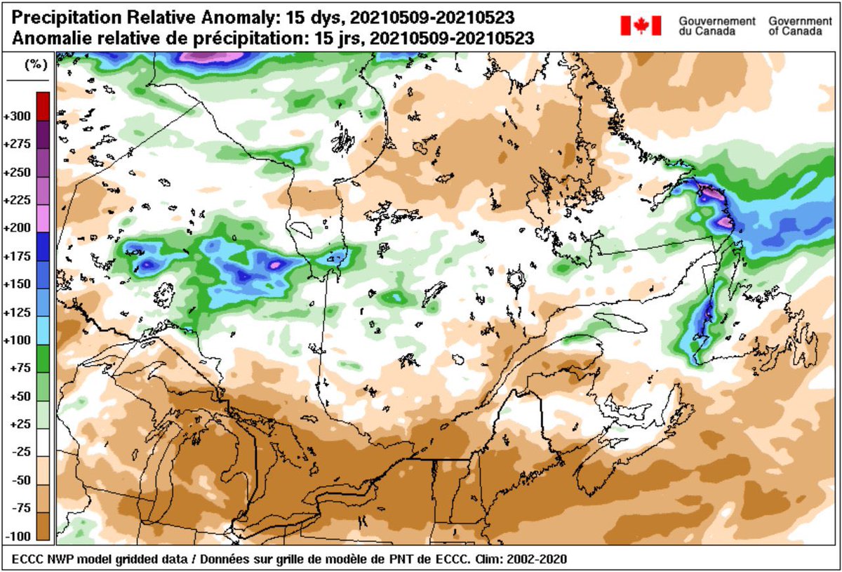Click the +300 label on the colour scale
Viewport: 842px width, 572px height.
point(19,116)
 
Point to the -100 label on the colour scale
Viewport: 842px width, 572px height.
point(19,536)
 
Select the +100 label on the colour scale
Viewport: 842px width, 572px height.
point(19,340)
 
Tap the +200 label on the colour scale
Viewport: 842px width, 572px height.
point(19,228)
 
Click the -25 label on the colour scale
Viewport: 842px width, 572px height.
point(19,453)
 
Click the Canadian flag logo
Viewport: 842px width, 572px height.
point(641,26)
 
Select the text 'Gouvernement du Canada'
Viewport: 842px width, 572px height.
point(716,27)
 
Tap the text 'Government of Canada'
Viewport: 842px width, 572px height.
point(800,27)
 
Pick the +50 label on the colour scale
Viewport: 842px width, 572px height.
point(19,397)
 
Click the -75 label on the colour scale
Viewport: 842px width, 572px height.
point(19,509)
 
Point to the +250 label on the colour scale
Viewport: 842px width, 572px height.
point(19,172)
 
